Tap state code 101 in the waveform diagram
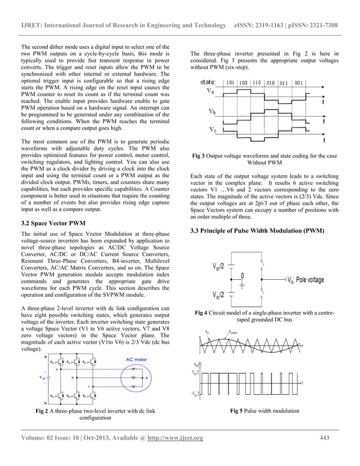point(231,82)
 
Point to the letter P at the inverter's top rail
point(45,358)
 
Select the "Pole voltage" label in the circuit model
point(308,279)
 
